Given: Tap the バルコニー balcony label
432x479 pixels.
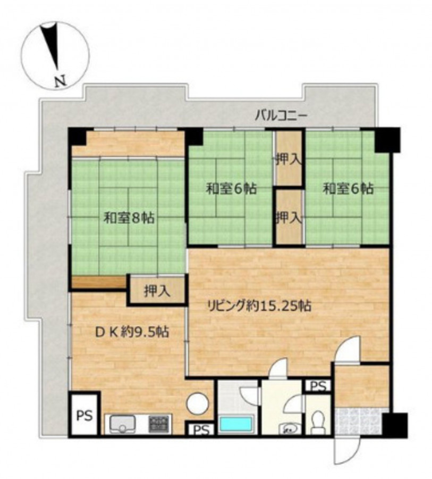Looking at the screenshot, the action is click(281, 116).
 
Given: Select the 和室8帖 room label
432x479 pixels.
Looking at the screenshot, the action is click(129, 218).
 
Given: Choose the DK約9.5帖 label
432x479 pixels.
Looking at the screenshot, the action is click(132, 332).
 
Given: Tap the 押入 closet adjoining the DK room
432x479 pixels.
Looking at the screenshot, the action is click(157, 290).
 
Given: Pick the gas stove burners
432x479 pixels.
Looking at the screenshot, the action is click(159, 424).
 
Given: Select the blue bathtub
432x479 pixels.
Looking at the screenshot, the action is click(237, 425).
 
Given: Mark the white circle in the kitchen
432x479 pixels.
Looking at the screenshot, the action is click(198, 403).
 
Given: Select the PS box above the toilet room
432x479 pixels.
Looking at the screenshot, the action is click(318, 386).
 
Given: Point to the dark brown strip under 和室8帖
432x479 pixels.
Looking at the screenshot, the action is click(99, 282).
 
